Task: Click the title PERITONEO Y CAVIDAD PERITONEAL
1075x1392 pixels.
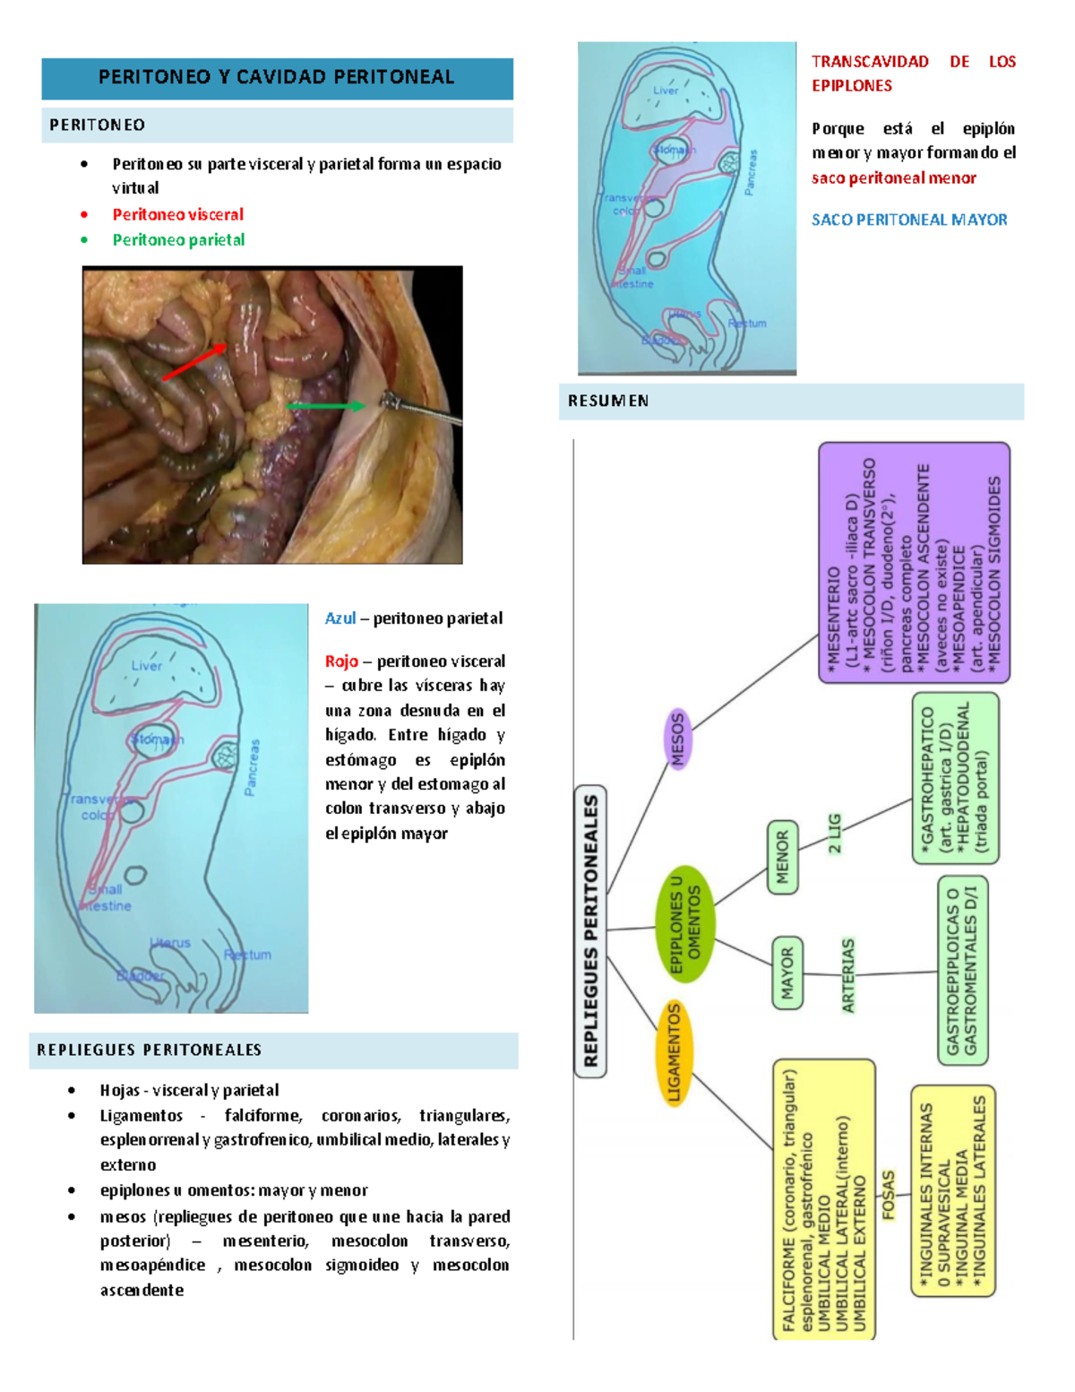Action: click(276, 77)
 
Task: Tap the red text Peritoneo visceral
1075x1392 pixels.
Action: click(177, 214)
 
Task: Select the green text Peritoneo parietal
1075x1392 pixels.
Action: click(178, 239)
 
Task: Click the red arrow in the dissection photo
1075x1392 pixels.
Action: click(194, 361)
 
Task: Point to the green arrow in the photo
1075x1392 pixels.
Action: click(325, 406)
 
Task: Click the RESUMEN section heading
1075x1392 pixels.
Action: click(608, 401)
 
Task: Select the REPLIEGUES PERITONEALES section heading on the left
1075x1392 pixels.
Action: click(149, 1050)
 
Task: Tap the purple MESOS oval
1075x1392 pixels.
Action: click(677, 739)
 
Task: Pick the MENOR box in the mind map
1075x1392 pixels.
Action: click(782, 857)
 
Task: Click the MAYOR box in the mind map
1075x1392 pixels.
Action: click(787, 973)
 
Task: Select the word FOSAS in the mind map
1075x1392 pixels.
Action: click(888, 1194)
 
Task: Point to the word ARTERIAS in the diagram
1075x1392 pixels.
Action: click(847, 975)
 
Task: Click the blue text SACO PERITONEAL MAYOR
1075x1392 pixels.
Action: click(908, 220)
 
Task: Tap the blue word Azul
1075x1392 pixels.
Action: click(340, 618)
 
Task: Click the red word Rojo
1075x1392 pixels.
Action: click(341, 661)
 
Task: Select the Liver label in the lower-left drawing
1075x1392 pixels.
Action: click(147, 666)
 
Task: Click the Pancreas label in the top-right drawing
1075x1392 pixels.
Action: click(751, 172)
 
